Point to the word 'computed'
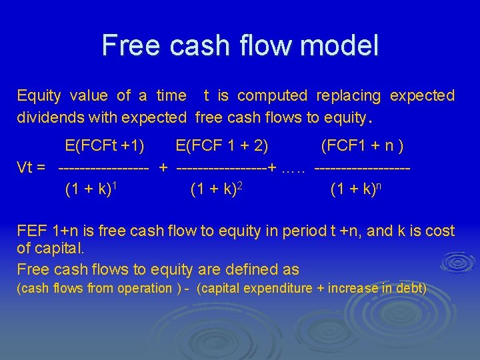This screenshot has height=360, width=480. pyautogui.click(x=272, y=95)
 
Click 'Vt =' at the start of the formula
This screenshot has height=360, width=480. pyautogui.click(x=31, y=167)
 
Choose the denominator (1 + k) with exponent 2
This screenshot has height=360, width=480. pyautogui.click(x=215, y=189)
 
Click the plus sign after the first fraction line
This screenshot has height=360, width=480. pyautogui.click(x=163, y=167)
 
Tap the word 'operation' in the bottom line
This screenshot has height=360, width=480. pyautogui.click(x=145, y=289)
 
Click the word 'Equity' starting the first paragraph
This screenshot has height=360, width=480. pyautogui.click(x=38, y=95)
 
